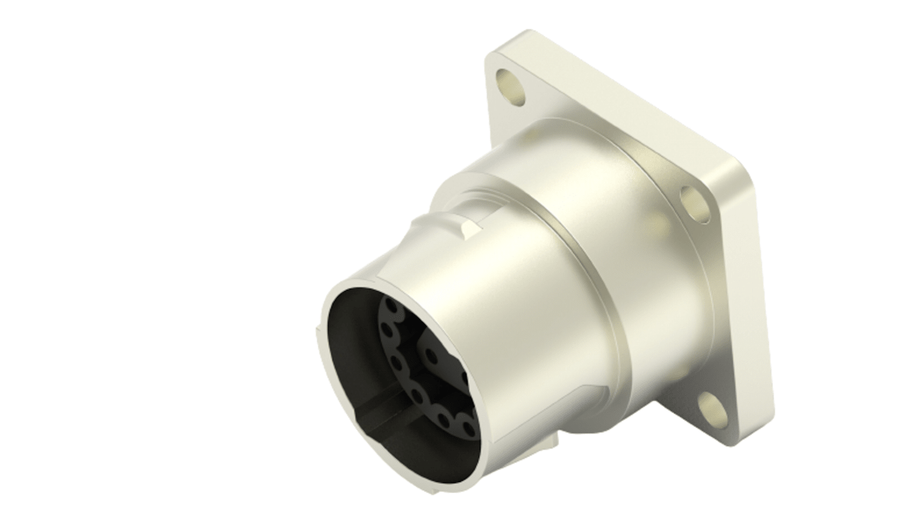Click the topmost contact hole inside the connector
tap(391, 306)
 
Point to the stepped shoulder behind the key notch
tap(452, 187)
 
